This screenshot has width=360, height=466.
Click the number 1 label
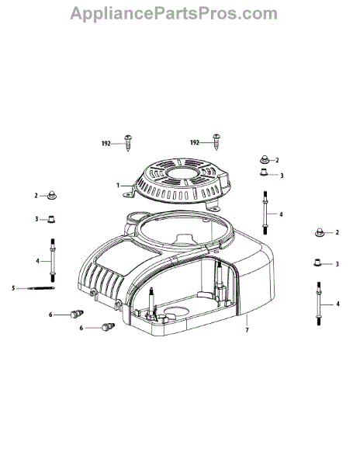point(118,186)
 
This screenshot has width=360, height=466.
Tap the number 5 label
point(13,288)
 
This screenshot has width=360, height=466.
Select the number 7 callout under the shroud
point(247,330)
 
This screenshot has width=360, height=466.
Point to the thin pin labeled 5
point(40,287)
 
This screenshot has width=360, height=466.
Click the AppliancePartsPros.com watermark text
point(174,13)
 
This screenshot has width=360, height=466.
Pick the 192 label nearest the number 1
point(106,144)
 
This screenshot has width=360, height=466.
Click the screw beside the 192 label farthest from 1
point(216,142)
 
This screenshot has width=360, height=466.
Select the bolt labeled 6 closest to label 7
point(109,326)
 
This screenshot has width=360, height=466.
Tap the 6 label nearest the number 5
point(50,315)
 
